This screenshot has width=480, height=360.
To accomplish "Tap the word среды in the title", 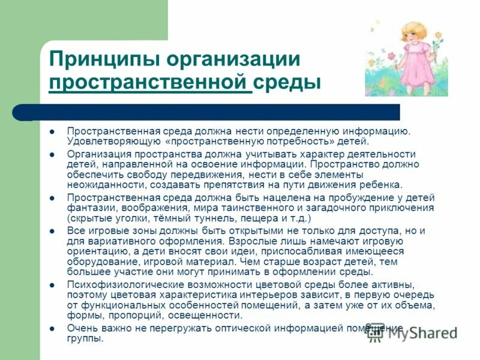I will click(x=287, y=83).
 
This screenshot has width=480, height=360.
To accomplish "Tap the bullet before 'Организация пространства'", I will click(x=52, y=154).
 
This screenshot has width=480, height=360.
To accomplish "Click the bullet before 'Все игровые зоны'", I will click(x=52, y=230).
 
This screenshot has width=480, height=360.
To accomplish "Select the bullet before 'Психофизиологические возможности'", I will click(x=52, y=285).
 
